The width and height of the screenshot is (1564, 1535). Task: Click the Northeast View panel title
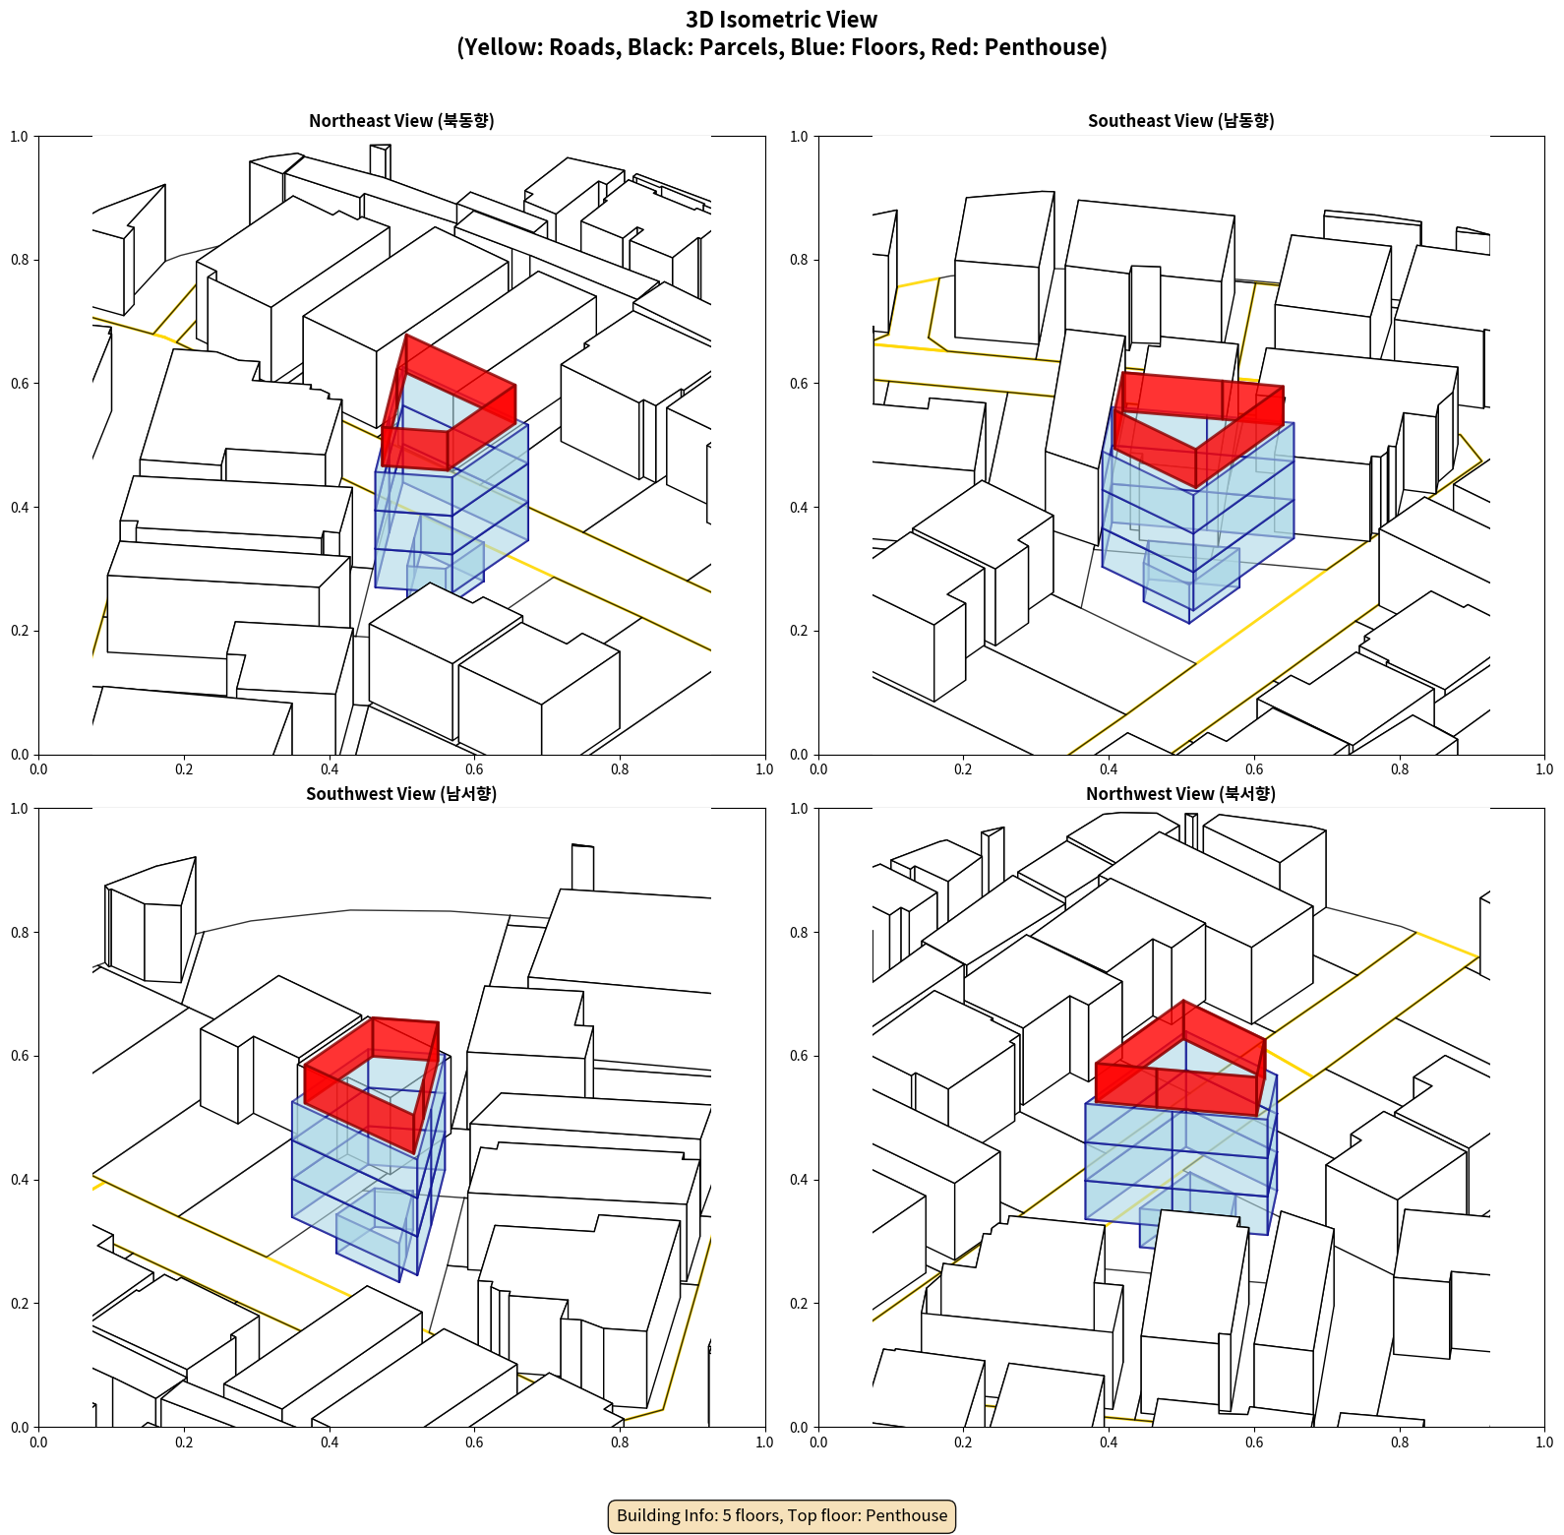click(x=401, y=120)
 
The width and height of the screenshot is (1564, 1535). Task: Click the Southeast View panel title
click(x=1180, y=120)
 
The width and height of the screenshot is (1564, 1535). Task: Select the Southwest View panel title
click(x=401, y=793)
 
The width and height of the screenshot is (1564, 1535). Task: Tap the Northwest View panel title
click(x=1180, y=793)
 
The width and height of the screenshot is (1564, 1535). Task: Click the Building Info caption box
click(x=782, y=1515)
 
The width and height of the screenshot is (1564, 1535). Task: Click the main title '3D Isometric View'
click(x=782, y=20)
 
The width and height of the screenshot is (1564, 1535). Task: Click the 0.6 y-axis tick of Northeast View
click(x=20, y=384)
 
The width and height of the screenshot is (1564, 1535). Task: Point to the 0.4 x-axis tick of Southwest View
click(x=330, y=1443)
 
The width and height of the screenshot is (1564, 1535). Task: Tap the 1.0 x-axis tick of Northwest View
click(x=1544, y=1443)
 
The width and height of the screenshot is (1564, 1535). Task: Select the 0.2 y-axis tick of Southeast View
click(x=799, y=631)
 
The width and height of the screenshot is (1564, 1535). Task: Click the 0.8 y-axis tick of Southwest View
click(x=20, y=932)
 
